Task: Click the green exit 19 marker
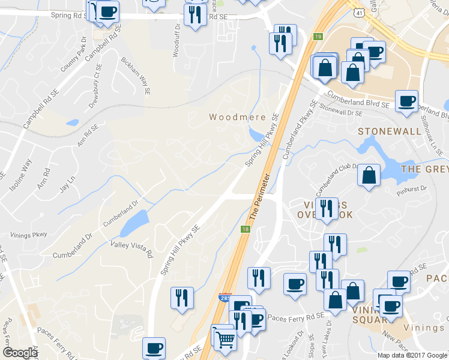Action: pos(318,37)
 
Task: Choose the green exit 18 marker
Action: pos(245,229)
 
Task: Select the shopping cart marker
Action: pos(225,339)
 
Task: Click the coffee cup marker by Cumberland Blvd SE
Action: pos(406,101)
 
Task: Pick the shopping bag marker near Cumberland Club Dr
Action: pos(369,176)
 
